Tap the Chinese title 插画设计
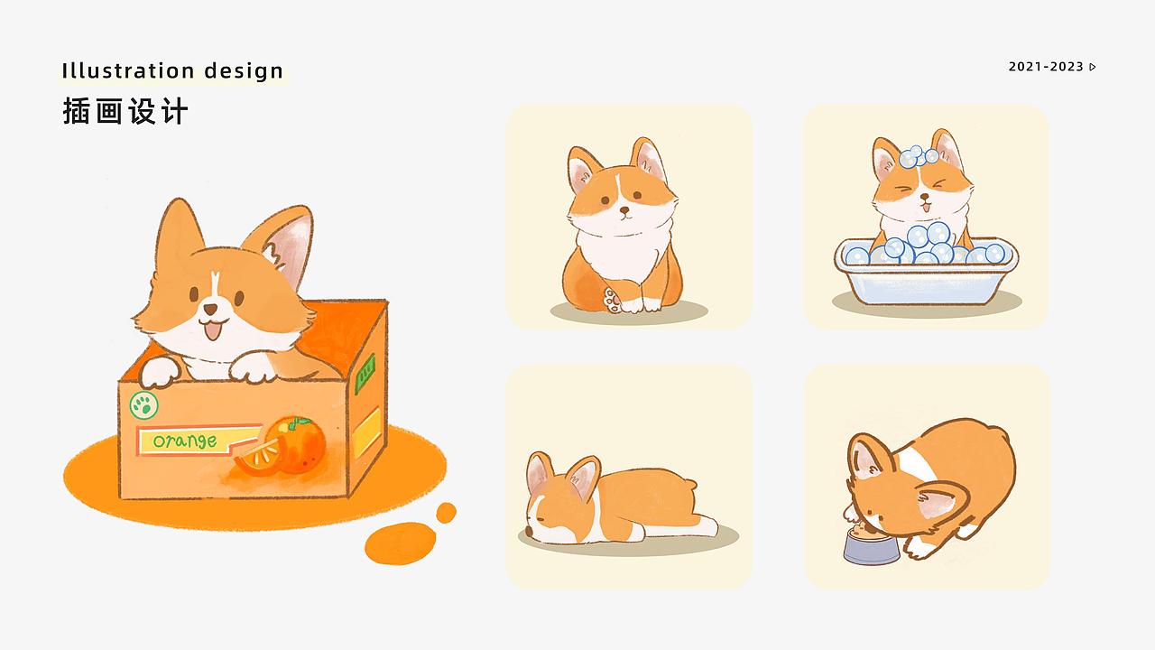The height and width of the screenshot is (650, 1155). point(125,111)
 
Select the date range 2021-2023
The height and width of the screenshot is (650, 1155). point(1046,67)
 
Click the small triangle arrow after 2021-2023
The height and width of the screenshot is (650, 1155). point(1093,67)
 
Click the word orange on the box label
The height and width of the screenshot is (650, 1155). point(185,441)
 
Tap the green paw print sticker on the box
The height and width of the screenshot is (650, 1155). point(143,405)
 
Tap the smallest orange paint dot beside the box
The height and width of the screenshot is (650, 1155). point(446,513)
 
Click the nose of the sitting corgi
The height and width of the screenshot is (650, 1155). point(624,213)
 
